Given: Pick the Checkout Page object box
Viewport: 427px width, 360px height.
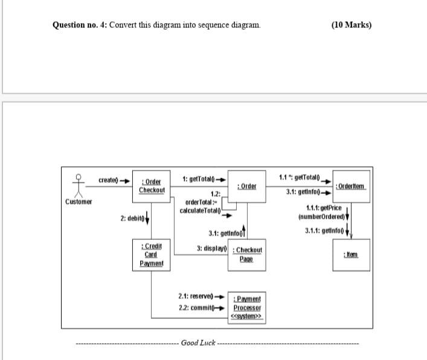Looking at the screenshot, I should click(248, 254).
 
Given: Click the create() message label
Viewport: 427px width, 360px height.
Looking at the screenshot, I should click(108, 179).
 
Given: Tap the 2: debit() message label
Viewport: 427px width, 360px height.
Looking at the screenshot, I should click(132, 217).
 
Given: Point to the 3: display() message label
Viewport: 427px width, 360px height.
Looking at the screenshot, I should click(211, 248).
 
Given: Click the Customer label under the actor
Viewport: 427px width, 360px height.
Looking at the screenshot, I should click(79, 202).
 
